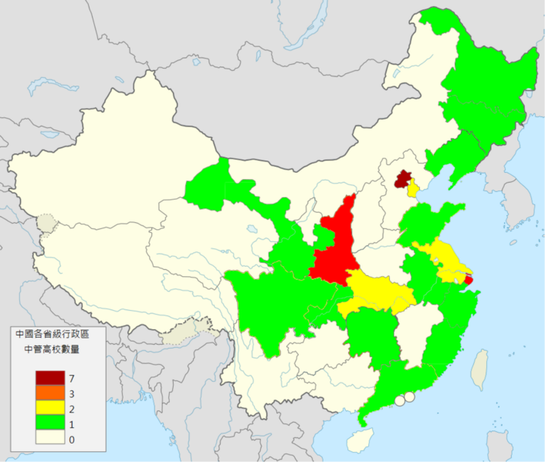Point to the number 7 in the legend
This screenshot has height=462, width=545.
click(x=72, y=379)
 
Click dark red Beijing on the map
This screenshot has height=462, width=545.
click(x=401, y=180)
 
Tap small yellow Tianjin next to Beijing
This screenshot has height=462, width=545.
click(x=413, y=188)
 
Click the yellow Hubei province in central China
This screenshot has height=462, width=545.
click(x=378, y=293)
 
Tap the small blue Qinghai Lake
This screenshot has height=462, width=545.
click(x=252, y=229)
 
